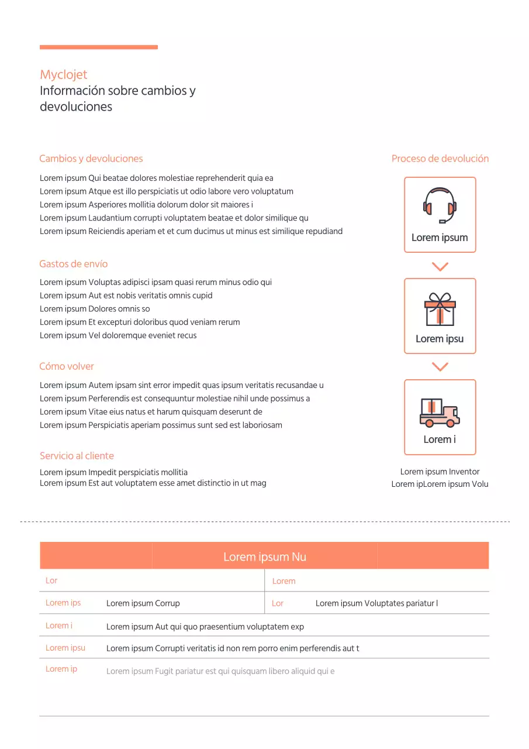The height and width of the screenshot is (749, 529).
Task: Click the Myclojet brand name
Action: coord(64,74)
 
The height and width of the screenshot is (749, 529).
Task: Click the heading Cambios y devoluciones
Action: coord(91,159)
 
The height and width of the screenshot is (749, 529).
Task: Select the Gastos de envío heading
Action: coord(74,264)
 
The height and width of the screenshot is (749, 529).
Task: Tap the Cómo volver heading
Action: coord(67,366)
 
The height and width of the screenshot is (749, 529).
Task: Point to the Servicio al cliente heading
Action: coord(77,456)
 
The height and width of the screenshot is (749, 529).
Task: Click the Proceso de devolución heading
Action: coord(440,159)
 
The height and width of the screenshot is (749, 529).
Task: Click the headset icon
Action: coord(440,205)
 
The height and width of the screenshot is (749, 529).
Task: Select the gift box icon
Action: coord(440,309)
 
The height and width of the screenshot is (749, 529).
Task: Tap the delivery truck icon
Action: coord(440,412)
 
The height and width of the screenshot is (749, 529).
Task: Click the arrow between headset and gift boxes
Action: coord(440,267)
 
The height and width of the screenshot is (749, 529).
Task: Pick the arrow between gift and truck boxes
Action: coord(440,367)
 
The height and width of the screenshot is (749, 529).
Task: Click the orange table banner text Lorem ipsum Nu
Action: coord(264,556)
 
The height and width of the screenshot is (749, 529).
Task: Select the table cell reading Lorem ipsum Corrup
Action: coord(143,603)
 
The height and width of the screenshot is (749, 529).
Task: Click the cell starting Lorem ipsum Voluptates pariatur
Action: coord(376,603)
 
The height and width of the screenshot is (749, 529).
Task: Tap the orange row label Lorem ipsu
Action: coord(65,648)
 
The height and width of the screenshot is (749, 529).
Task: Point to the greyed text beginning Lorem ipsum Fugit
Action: coord(220,671)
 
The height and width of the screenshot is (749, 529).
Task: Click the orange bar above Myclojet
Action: coord(99,47)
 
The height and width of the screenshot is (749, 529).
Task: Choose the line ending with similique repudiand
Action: coord(191,231)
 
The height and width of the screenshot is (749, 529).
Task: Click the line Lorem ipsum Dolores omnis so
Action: coord(95,309)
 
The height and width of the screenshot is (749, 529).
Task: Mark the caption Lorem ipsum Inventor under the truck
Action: coord(440,472)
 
